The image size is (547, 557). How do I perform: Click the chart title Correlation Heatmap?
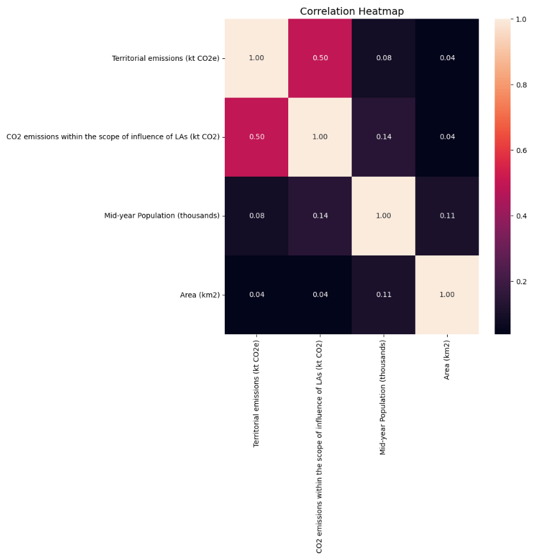pyautogui.click(x=352, y=12)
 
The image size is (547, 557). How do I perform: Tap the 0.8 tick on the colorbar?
pyautogui.click(x=522, y=85)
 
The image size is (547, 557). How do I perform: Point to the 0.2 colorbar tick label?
pyautogui.click(x=522, y=282)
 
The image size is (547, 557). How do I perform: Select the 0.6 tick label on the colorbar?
pyautogui.click(x=522, y=150)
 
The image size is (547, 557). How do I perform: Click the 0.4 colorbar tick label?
pyautogui.click(x=522, y=216)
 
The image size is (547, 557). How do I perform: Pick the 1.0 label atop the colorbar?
pyautogui.click(x=522, y=20)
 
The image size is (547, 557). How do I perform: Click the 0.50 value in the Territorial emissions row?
pyautogui.click(x=320, y=58)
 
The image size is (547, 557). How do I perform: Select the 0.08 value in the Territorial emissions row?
pyautogui.click(x=383, y=58)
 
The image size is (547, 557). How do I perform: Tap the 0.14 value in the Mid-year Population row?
pyautogui.click(x=320, y=216)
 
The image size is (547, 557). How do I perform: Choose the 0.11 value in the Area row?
pyautogui.click(x=383, y=295)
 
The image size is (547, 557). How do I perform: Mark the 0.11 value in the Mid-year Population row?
pyautogui.click(x=447, y=216)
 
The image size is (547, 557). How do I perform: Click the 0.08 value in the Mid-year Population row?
pyautogui.click(x=256, y=216)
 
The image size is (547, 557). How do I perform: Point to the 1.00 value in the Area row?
pyautogui.click(x=447, y=295)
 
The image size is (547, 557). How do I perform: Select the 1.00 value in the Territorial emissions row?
pyautogui.click(x=256, y=58)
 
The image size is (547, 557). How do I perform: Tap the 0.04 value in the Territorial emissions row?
pyautogui.click(x=447, y=58)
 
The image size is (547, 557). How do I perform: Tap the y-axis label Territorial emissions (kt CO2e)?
pyautogui.click(x=165, y=58)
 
